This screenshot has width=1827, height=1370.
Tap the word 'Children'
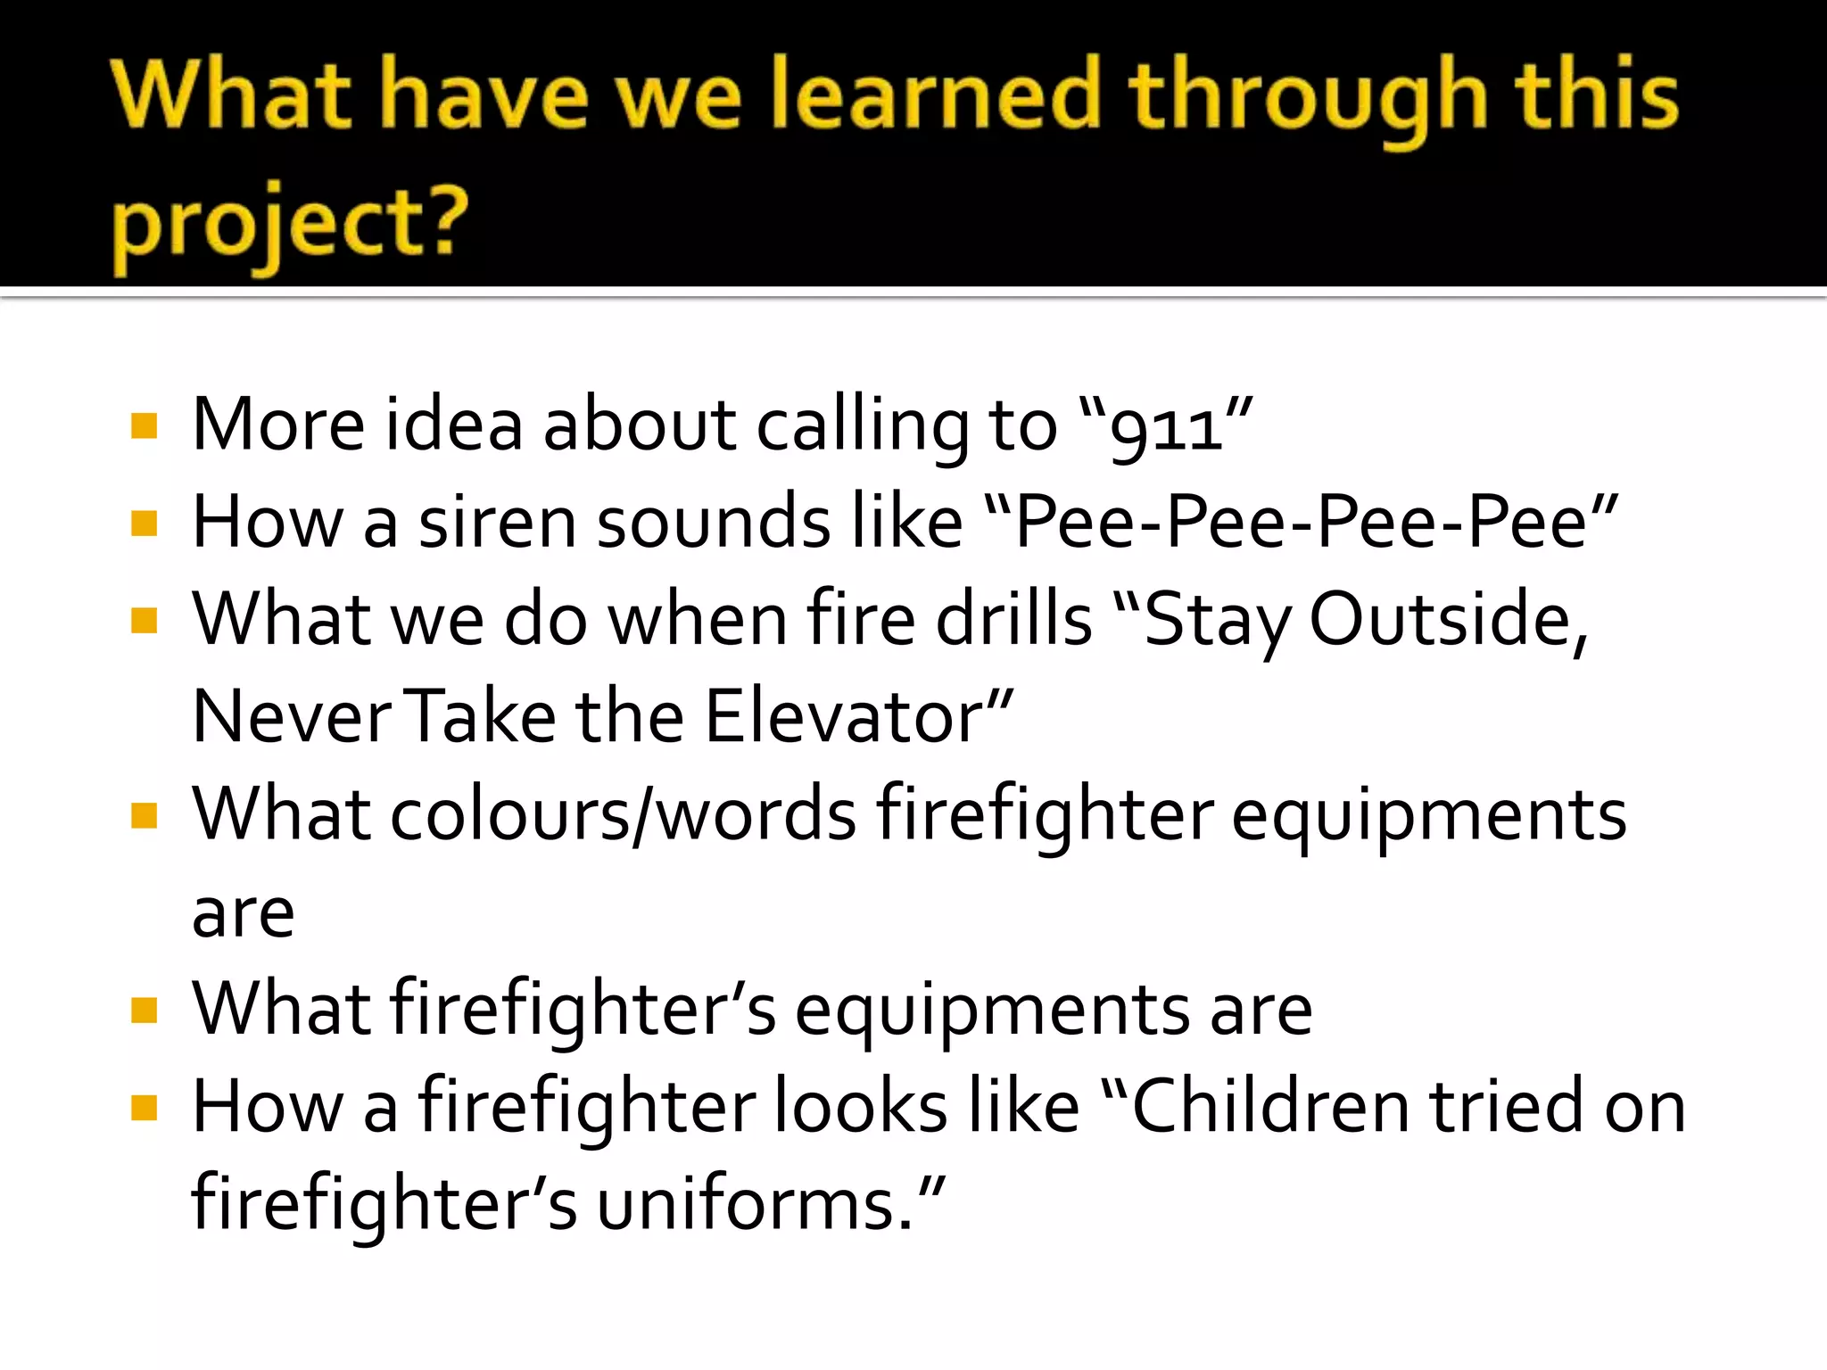click(1271, 1107)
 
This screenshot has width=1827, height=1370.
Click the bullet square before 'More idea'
click(144, 426)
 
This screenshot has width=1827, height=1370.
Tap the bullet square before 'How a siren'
click(144, 524)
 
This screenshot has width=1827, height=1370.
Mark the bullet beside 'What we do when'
click(144, 620)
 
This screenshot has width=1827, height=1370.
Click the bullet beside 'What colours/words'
click(144, 815)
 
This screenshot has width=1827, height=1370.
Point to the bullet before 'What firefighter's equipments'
click(144, 1011)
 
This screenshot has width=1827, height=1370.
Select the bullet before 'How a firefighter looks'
click(144, 1108)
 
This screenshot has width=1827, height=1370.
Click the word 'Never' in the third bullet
click(291, 716)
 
